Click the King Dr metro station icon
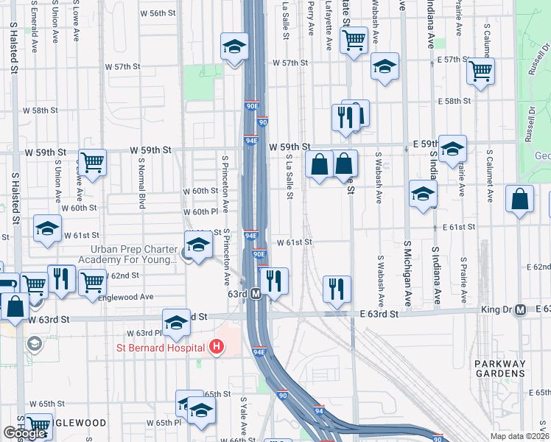click(x=520, y=310)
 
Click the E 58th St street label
click(x=452, y=101)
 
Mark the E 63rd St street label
click(x=379, y=314)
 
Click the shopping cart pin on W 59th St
click(x=93, y=162)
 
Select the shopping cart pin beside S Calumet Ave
click(x=480, y=71)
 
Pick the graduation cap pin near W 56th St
click(x=234, y=48)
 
